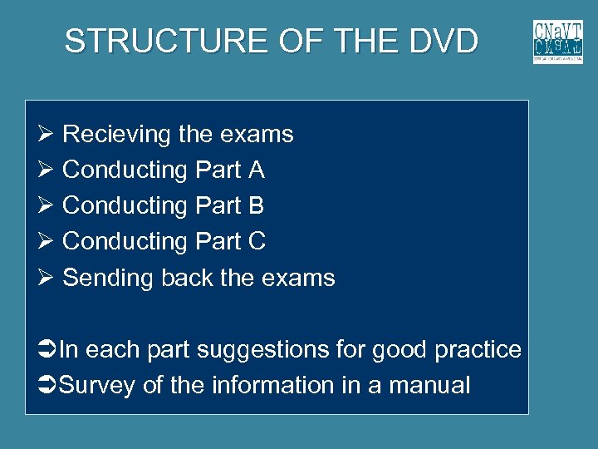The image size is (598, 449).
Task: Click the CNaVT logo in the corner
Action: click(557, 42)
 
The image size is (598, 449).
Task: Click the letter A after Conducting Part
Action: click(256, 170)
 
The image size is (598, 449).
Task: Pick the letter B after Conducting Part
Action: click(256, 205)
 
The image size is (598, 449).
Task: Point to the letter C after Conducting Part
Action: click(257, 241)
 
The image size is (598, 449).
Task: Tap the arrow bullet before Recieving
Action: click(46, 134)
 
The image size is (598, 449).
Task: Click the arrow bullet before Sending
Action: click(46, 278)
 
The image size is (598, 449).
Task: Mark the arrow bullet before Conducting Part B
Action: click(46, 205)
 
